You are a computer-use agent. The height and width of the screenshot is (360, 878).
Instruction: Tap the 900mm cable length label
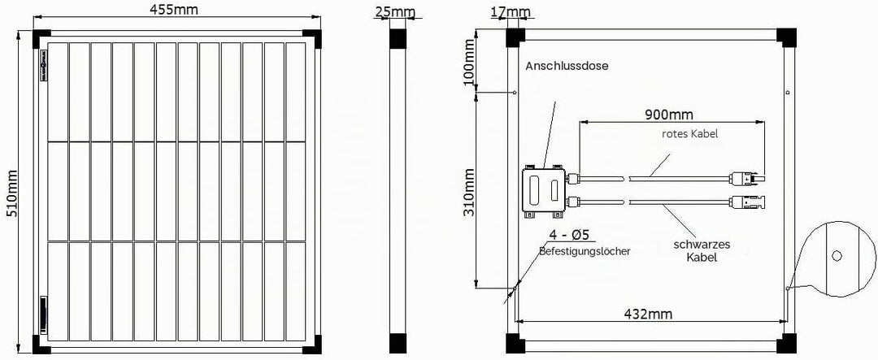tap(669, 115)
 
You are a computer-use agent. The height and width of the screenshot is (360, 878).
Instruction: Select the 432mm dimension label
tap(648, 314)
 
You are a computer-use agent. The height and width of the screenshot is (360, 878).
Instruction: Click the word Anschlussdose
tap(566, 66)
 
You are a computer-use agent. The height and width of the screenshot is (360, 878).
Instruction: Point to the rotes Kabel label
tap(689, 134)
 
